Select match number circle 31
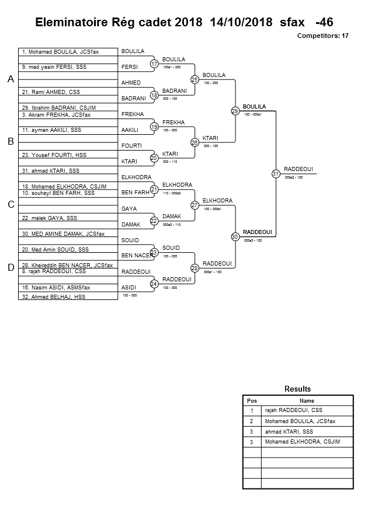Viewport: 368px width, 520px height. [276, 173]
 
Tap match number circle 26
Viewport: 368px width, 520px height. [195, 142]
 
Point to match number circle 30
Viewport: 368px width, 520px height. [235, 236]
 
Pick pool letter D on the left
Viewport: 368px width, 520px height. [11, 268]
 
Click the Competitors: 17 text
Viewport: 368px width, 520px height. [323, 36]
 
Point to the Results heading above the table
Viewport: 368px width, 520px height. [297, 389]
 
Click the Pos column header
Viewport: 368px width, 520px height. [252, 401]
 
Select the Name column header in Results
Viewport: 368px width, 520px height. [307, 401]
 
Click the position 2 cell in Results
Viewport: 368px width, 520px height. [252, 421]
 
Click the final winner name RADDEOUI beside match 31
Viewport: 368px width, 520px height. [298, 169]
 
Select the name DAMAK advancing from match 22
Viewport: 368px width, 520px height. [172, 216]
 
